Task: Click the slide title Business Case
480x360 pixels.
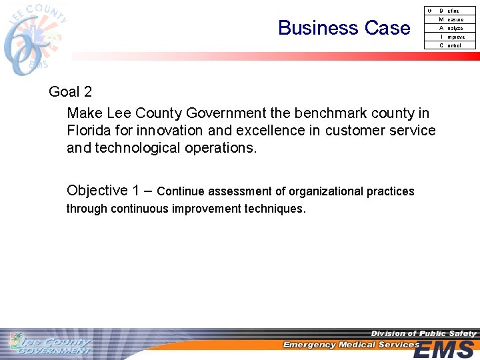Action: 344,28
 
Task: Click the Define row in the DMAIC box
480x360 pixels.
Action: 450,11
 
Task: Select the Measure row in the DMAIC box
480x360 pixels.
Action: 450,19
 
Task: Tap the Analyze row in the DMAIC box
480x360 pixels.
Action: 450,28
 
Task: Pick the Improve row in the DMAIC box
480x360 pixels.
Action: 450,37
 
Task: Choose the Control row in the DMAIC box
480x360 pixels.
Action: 450,45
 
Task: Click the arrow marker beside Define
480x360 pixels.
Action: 429,11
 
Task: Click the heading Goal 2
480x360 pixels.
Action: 70,92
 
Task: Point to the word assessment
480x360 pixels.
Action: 239,192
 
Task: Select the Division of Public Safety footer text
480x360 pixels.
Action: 423,333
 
